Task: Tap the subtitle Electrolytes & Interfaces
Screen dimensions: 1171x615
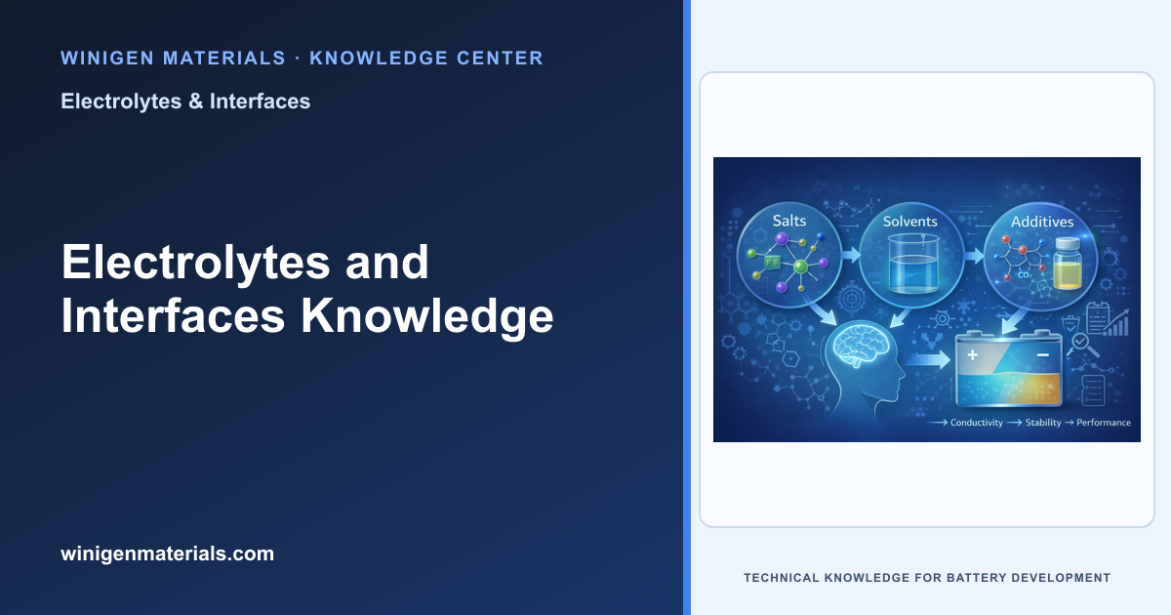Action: click(x=185, y=102)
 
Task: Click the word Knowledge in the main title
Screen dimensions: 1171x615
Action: click(x=426, y=316)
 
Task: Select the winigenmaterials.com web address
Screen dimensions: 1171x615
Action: click(x=167, y=553)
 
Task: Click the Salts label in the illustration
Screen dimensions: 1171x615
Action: click(x=789, y=221)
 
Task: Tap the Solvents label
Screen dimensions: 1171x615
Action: click(x=910, y=222)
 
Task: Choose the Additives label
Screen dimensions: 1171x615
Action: click(x=1042, y=222)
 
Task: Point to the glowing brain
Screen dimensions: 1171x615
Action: click(x=861, y=346)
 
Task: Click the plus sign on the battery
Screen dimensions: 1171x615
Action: click(x=972, y=355)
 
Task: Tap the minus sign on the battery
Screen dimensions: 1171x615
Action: click(x=1043, y=355)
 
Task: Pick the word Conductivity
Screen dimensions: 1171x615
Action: click(x=976, y=423)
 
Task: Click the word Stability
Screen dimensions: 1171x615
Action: click(x=1043, y=423)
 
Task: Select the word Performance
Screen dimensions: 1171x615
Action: click(x=1103, y=423)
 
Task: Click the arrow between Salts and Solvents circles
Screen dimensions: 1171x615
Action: click(x=851, y=255)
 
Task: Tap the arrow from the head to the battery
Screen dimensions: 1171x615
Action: click(x=927, y=359)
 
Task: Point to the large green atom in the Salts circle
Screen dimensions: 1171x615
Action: click(x=800, y=267)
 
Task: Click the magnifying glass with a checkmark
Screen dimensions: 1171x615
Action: click(x=1082, y=345)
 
